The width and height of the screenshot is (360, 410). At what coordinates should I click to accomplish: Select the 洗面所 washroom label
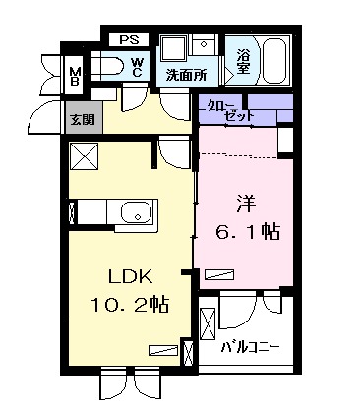[x=186, y=75]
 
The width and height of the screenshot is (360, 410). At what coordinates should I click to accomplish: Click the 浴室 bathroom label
[x=241, y=62]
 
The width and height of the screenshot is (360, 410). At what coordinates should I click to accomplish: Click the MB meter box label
[x=75, y=75]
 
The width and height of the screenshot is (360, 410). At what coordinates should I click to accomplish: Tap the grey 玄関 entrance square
[x=80, y=120]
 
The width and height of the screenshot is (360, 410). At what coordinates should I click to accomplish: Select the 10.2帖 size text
[x=128, y=305]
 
